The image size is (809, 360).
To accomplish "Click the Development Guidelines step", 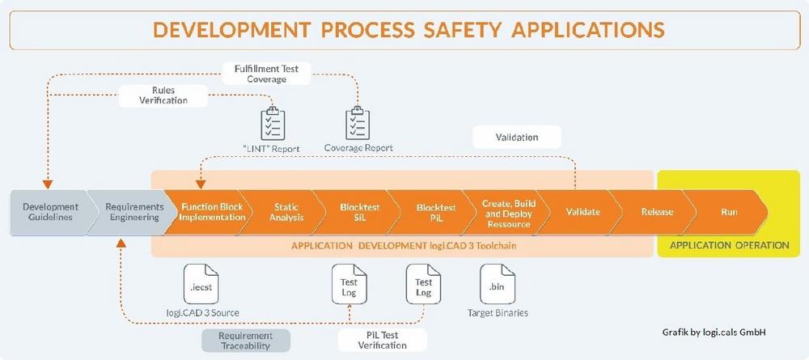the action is pos(50,212).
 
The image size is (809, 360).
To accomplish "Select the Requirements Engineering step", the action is pos(132,212).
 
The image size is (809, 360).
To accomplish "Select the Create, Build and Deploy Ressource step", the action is pos(506,212).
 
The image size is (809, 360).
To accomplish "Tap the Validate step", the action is pos(580,212).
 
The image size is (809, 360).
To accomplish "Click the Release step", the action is pos(656,212).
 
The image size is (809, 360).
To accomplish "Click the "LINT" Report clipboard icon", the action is pos(273,124).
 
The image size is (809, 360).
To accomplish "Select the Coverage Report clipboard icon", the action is pos(358,124).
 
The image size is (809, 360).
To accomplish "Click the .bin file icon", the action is pos(498,284).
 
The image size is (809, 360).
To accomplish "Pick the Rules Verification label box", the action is pos(163,95).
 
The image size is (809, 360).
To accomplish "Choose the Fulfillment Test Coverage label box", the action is pos(266,74).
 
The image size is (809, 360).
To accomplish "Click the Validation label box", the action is pos(517,138).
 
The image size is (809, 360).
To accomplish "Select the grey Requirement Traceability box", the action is pos(246,341).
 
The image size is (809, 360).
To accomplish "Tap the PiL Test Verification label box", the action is pos(383,341).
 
